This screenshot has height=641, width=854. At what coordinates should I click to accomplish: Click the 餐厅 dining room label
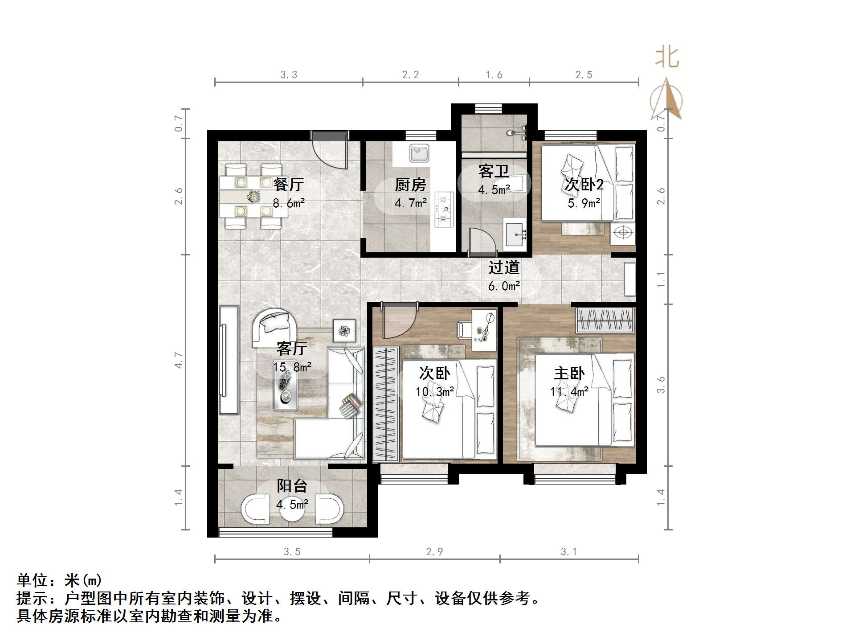coord(288,184)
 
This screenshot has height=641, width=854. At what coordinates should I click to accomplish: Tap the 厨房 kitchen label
coord(410,185)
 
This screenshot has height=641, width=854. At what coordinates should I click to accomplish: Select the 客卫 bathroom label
coord(494,171)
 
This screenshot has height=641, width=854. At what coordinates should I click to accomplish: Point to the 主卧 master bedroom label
coord(569,373)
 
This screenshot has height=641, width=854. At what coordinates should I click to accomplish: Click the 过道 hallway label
coord(504,267)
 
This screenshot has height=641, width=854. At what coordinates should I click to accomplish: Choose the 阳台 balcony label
coord(292,486)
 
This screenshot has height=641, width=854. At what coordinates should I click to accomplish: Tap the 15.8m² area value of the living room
coord(292,367)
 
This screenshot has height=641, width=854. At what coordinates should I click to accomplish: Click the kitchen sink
coord(419,154)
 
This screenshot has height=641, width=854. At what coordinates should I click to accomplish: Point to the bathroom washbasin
coord(515,234)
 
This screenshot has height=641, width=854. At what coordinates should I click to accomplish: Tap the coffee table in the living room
coord(285,389)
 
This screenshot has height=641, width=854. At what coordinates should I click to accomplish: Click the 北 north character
coord(666,58)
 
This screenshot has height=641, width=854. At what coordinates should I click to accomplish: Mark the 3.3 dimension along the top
coord(289,75)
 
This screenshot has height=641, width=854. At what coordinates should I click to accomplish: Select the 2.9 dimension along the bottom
coord(434,552)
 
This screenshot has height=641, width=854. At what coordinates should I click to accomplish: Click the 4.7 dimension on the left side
coord(179,360)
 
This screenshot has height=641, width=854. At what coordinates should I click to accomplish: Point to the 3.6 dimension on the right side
coord(661,384)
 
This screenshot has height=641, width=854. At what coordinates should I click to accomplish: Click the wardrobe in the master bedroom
coord(605,320)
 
